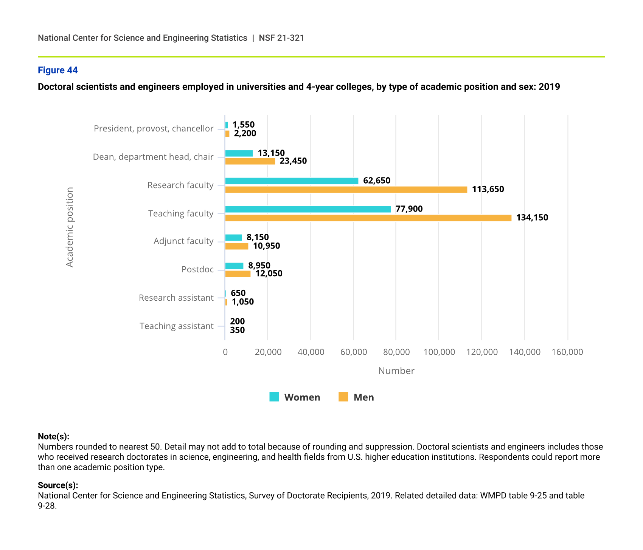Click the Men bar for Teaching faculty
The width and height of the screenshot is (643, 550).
368,218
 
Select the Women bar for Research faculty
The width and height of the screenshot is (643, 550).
292,181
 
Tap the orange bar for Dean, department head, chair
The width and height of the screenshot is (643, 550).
250,161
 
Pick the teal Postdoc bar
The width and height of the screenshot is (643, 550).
234,266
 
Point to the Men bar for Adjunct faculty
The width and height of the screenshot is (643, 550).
237,246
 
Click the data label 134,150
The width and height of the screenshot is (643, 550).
532,218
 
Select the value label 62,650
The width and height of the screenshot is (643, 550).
376,181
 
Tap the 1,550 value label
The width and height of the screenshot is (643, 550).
243,125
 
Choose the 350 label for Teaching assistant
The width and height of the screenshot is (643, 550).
237,330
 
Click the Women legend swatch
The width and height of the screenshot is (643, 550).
274,397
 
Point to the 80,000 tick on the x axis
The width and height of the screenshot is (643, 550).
396,352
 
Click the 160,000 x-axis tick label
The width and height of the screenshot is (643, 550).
567,352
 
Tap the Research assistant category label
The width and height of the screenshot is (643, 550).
176,298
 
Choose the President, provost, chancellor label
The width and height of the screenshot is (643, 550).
153,128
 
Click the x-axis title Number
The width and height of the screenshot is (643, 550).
396,371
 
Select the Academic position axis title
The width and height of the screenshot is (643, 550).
70,227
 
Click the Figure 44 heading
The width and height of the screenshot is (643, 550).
58,70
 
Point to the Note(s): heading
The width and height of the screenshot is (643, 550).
53,437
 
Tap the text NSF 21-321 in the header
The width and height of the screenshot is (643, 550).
281,38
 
